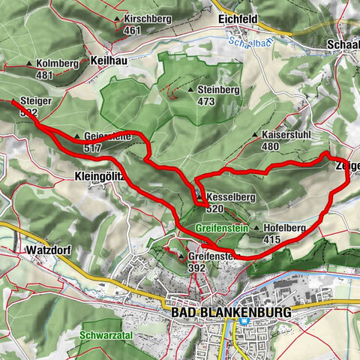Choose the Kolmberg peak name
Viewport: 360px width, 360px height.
[x=57, y=64]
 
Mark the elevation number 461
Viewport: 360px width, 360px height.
[x=133, y=30]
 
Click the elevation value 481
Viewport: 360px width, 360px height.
[x=46, y=75]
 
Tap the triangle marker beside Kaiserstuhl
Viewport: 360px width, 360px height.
[x=256, y=136]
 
